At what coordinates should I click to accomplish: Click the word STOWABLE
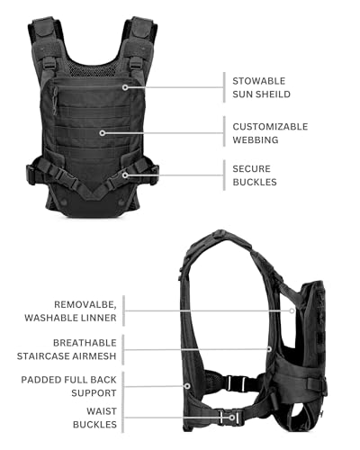click(259, 81)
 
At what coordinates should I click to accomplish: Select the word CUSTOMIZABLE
click(270, 127)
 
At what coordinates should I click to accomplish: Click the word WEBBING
click(256, 139)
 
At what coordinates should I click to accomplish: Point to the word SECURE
click(252, 169)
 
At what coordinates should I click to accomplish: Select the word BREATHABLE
click(85, 343)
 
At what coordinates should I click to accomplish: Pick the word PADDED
click(37, 380)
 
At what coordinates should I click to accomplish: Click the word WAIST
click(102, 411)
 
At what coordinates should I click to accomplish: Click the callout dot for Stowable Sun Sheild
click(125, 87)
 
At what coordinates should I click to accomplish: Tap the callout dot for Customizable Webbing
click(103, 133)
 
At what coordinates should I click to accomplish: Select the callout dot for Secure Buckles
click(125, 175)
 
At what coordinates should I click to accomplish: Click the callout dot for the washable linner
click(292, 310)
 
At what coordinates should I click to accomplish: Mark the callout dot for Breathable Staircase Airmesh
click(269, 349)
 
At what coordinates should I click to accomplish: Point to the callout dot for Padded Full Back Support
click(187, 386)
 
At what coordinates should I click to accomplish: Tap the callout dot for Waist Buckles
click(231, 418)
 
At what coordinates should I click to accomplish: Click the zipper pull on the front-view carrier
click(55, 101)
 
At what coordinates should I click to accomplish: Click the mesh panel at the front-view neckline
click(93, 69)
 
